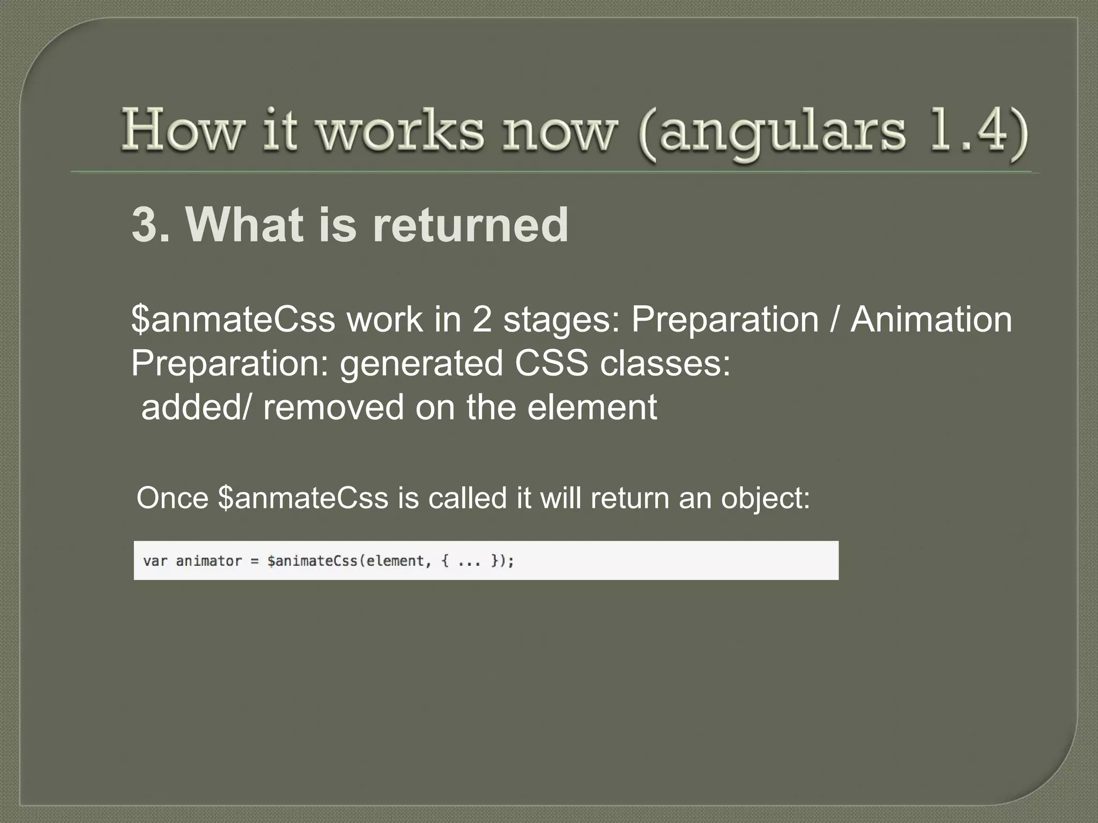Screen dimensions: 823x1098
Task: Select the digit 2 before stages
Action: tap(482, 319)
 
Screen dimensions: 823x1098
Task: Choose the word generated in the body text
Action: tap(421, 364)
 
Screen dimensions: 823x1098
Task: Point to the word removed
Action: tap(333, 407)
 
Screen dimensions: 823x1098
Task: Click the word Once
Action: tap(172, 498)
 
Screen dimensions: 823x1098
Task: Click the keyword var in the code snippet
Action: tap(155, 561)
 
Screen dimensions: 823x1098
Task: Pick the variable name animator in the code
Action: tap(209, 561)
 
